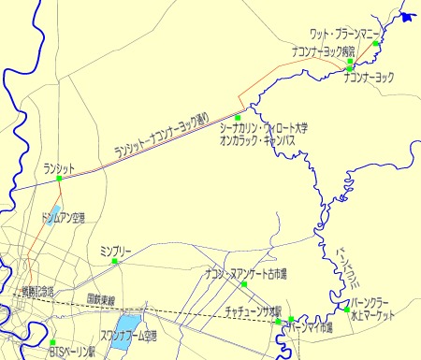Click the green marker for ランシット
point(60,178)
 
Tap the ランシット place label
point(59,167)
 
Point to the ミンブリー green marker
point(115,262)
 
